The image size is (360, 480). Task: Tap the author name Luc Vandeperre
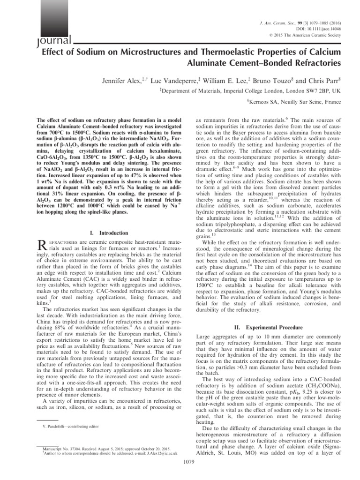click(177, 75)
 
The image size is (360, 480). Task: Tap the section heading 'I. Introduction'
click(108, 233)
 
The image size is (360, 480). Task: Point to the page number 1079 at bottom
click(187, 474)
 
